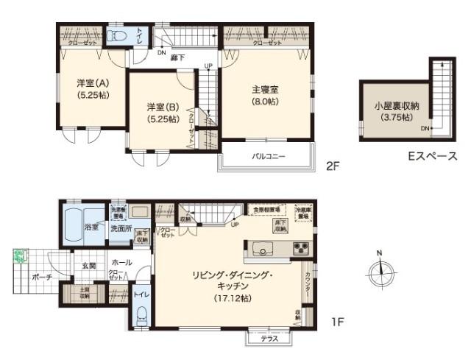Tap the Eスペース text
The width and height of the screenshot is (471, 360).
tap(432, 156)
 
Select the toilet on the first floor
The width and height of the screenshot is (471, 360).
tap(142, 315)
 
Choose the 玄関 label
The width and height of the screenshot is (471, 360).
tap(88, 265)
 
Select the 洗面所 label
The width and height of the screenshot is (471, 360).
tap(120, 228)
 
